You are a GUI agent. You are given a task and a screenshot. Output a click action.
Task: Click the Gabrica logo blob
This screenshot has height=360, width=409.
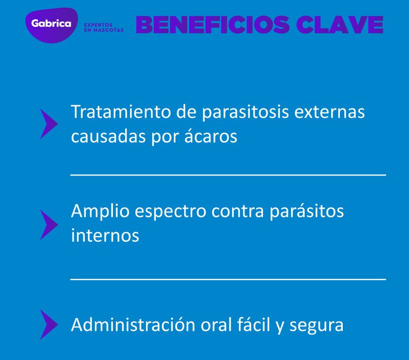[x=52, y=24]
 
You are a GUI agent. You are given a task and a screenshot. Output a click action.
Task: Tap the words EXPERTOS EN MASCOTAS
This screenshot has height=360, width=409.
[x=104, y=27]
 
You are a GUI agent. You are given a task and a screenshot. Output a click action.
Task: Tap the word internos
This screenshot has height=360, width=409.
[x=105, y=235]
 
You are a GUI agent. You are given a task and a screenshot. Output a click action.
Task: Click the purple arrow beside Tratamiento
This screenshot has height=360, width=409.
[x=49, y=124]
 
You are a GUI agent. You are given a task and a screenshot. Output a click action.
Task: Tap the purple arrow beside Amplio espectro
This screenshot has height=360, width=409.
[x=49, y=224]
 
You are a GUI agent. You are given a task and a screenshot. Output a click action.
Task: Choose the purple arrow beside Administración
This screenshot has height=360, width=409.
[x=49, y=324]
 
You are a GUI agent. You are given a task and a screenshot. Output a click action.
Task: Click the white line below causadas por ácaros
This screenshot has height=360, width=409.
[x=228, y=174]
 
